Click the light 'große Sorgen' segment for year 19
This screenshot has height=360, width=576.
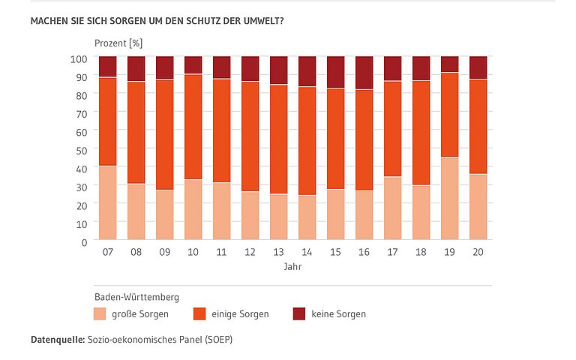pyautogui.click(x=449, y=199)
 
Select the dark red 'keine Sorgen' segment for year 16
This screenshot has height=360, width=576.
pyautogui.click(x=364, y=73)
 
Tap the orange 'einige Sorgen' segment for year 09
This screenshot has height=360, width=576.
pyautogui.click(x=164, y=135)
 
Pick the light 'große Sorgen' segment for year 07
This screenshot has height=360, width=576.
pyautogui.click(x=107, y=202)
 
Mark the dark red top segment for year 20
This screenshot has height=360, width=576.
pyautogui.click(x=478, y=67)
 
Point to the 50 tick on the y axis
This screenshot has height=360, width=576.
pyautogui.click(x=83, y=149)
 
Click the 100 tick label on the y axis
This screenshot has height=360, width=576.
pyautogui.click(x=80, y=57)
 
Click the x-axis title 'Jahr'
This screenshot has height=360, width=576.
pyautogui.click(x=292, y=267)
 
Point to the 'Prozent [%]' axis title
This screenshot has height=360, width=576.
pyautogui.click(x=118, y=43)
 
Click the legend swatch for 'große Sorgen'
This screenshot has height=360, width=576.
pyautogui.click(x=100, y=313)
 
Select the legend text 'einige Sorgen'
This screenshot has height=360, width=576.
pyautogui.click(x=241, y=314)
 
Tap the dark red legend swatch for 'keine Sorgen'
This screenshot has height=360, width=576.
pyautogui.click(x=298, y=313)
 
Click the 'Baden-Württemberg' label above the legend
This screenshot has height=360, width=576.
pyautogui.click(x=136, y=296)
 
